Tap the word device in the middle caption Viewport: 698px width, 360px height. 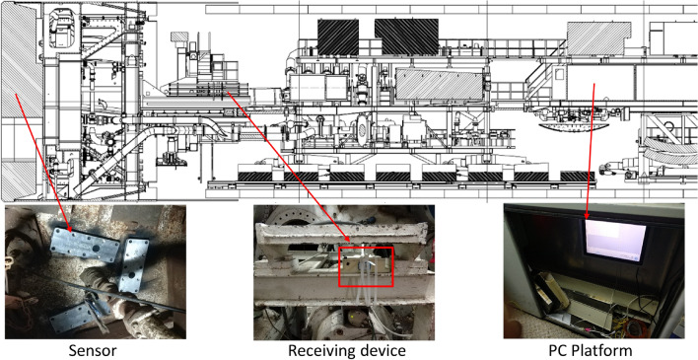tap(383, 349)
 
